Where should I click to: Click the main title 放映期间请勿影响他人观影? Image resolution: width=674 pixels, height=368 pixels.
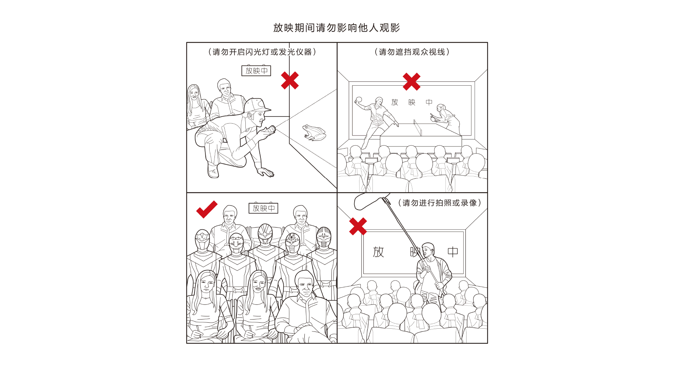tap(337, 28)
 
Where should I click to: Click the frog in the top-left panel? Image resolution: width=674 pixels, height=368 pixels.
tap(314, 132)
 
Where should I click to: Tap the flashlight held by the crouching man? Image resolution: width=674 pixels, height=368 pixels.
tap(270, 131)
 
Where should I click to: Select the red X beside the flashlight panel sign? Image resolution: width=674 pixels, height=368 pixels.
tap(290, 80)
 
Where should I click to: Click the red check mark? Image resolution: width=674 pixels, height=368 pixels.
tap(207, 209)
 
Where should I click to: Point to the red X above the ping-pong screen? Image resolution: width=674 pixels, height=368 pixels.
tap(411, 82)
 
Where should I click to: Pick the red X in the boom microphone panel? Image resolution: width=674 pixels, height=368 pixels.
tap(358, 226)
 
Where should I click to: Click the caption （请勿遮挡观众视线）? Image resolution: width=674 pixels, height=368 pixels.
tap(412, 52)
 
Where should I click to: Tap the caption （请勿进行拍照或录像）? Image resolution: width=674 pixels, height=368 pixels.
tap(440, 203)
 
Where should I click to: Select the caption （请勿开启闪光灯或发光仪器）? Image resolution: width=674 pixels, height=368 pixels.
tap(262, 52)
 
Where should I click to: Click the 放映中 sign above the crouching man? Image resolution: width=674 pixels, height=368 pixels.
tap(256, 71)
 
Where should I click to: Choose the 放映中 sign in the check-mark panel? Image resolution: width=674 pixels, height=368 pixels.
tap(264, 208)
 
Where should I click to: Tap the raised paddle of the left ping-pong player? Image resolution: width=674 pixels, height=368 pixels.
tap(358, 99)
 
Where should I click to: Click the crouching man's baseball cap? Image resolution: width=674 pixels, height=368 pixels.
tap(257, 105)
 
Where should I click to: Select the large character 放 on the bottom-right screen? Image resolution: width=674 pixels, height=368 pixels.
tap(378, 252)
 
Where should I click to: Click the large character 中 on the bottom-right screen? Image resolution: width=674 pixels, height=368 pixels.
tap(453, 252)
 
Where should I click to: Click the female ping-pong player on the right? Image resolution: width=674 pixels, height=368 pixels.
tap(447, 119)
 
